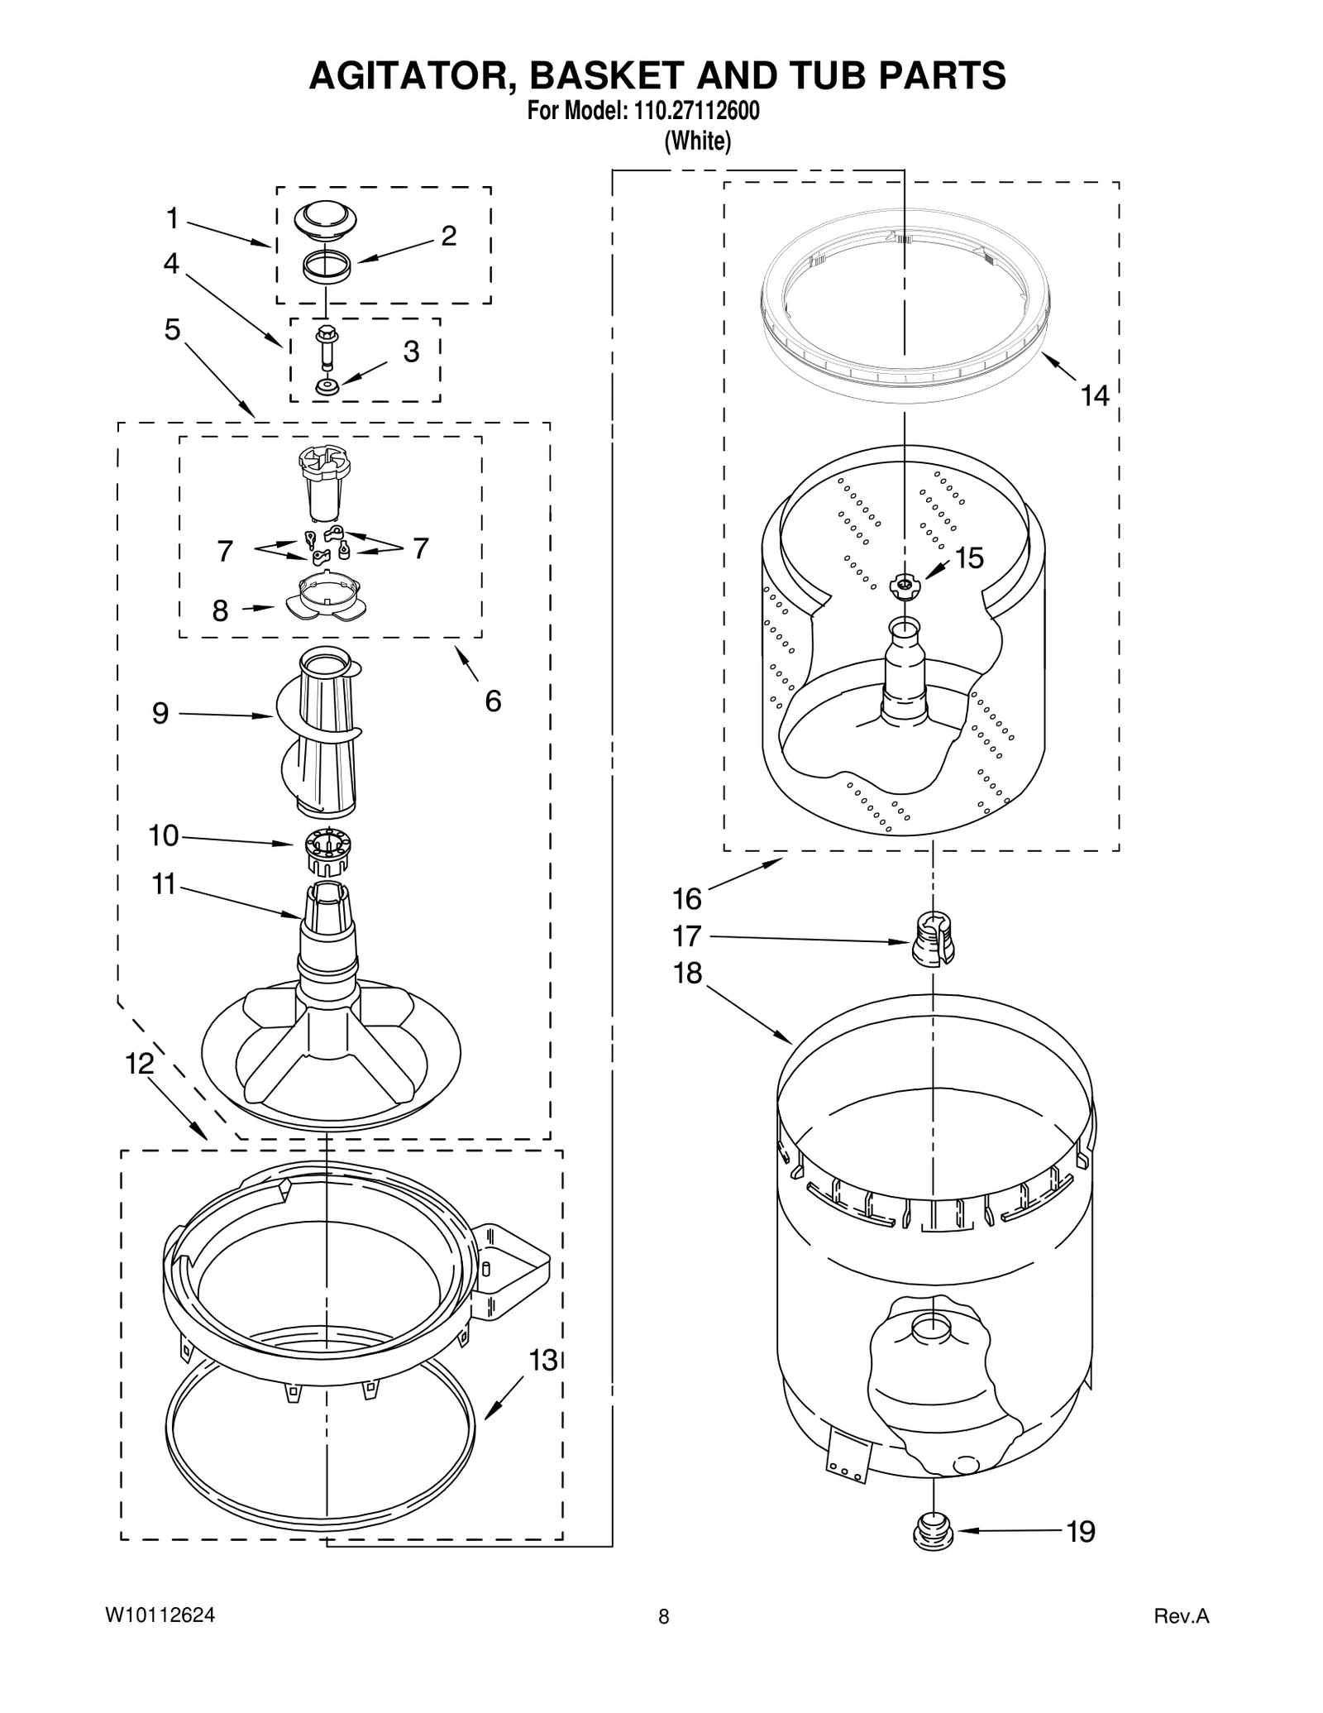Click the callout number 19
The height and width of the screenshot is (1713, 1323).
coord(1081,1532)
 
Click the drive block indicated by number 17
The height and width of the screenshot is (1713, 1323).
coord(933,938)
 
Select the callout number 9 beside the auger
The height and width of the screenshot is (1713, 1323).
coord(160,713)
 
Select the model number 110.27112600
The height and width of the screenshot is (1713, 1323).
coord(696,111)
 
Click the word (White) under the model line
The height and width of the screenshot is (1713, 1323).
coord(698,141)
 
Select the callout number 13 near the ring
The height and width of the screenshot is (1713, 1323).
coord(543,1360)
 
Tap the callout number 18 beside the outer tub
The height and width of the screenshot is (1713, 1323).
coord(687,974)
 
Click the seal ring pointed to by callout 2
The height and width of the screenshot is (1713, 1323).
coord(326,267)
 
